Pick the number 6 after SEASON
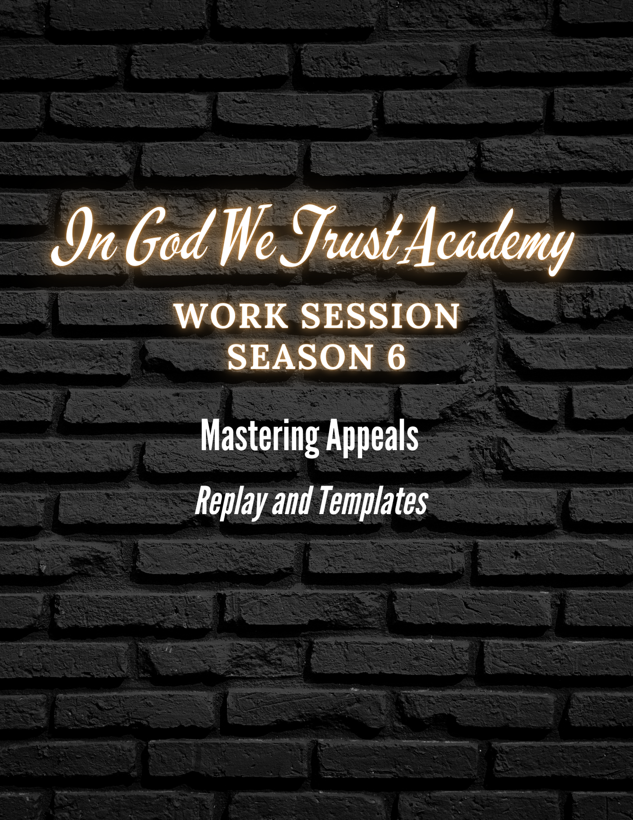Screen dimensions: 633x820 (x=396, y=356)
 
